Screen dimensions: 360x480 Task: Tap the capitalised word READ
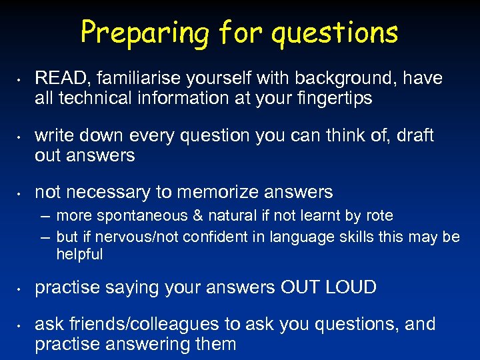point(57,79)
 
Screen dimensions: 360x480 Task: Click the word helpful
point(79,255)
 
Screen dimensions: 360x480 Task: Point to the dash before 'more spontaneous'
point(45,216)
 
